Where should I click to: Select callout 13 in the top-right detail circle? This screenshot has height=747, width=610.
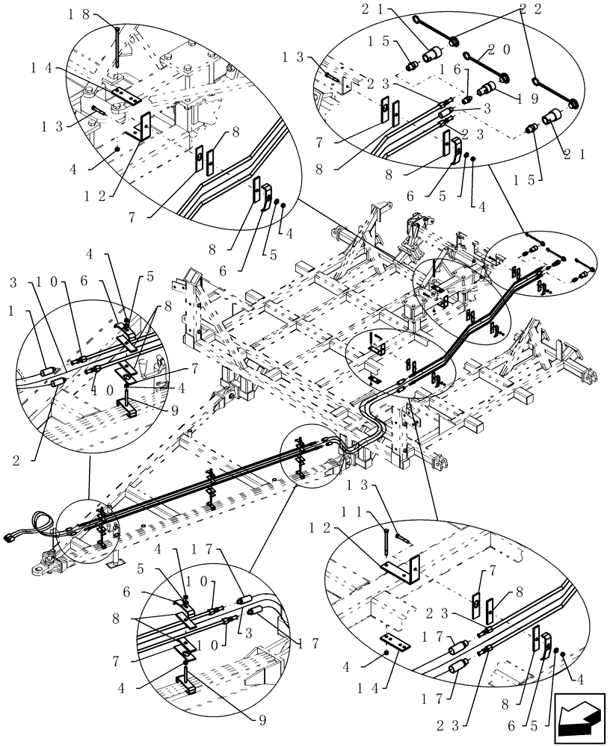(x=293, y=58)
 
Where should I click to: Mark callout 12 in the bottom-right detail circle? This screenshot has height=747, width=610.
(x=318, y=527)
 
